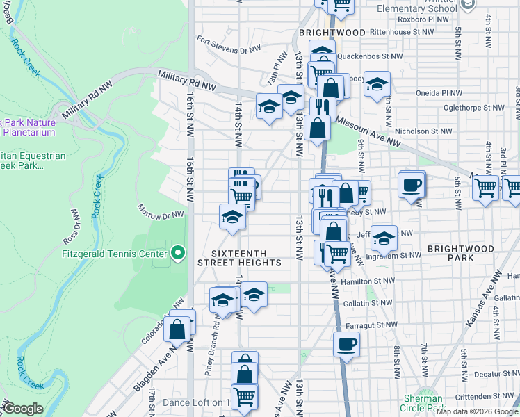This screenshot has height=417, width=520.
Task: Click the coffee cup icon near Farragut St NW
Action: [346, 344]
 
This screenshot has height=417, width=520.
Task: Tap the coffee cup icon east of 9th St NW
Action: [412, 185]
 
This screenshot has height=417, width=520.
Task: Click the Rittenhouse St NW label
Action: [402, 32]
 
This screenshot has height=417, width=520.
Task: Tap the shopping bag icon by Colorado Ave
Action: [177, 329]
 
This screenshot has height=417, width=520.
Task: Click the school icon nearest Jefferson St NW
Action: [384, 238]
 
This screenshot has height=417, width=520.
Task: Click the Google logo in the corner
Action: [23, 409]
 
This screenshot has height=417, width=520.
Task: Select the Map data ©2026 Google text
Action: [478, 411]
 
